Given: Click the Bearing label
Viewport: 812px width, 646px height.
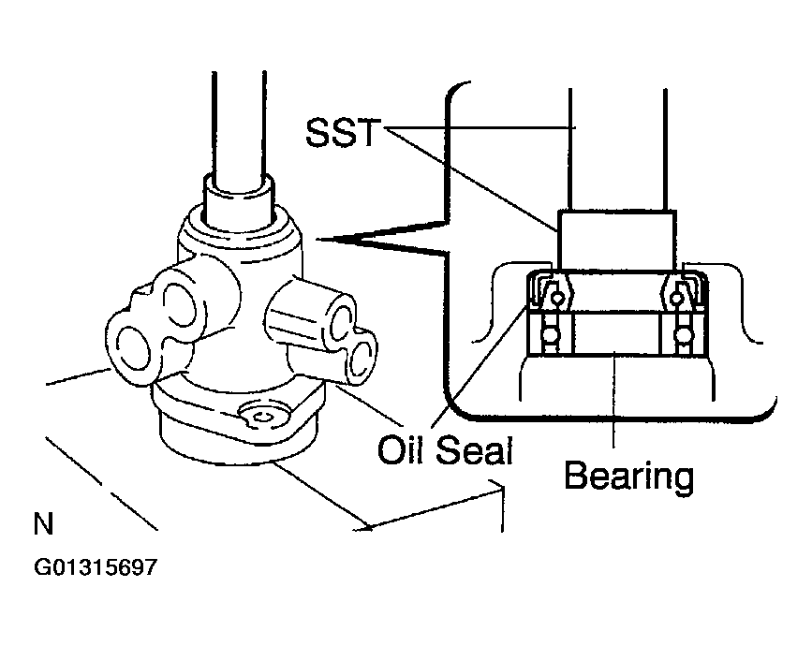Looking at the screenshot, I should pos(628,477).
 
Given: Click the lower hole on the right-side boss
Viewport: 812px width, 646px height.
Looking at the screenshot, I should pos(362,356).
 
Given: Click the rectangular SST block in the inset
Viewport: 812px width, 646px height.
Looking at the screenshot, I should pos(616,239).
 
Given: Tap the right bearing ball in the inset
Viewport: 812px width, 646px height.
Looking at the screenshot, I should pos(680,335).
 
